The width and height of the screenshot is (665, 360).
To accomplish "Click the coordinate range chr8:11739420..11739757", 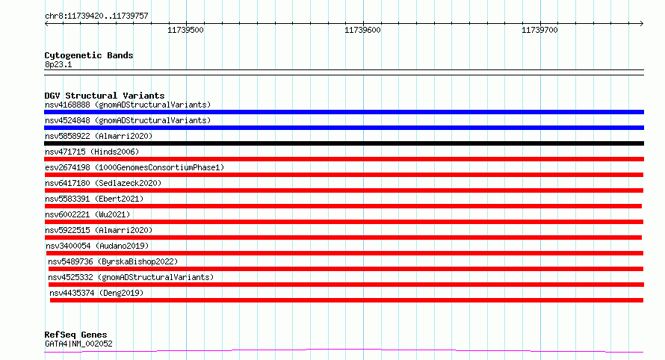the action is click(x=96, y=16).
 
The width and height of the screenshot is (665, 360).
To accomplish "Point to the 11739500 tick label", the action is click(x=185, y=30).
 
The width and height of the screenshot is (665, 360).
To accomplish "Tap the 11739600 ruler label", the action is click(x=362, y=30).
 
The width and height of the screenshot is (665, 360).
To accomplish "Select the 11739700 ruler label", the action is click(x=539, y=30).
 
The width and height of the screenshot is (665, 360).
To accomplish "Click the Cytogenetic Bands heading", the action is click(x=89, y=55).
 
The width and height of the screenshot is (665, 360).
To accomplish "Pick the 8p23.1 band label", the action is click(x=58, y=64).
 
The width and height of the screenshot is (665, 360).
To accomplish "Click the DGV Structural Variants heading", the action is click(x=105, y=96).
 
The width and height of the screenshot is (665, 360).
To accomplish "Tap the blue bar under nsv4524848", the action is click(x=344, y=128).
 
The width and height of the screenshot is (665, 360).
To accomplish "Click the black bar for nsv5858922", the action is click(x=344, y=143).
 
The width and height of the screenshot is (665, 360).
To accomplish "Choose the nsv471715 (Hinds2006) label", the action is click(x=92, y=152).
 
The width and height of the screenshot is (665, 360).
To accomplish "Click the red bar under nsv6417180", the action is click(x=344, y=190).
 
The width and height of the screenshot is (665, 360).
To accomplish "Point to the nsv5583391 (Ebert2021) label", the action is click(x=94, y=199).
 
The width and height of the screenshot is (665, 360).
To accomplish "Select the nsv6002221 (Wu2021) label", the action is click(x=87, y=214).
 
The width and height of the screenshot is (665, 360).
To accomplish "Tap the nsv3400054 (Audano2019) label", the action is click(x=97, y=246).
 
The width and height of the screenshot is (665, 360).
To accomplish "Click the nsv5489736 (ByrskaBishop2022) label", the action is click(x=113, y=261).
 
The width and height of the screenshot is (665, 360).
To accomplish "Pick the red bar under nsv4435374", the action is click(x=347, y=300).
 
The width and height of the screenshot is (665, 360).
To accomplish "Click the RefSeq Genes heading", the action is click(x=75, y=335).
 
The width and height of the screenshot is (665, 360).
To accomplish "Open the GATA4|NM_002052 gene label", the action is click(x=78, y=344).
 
